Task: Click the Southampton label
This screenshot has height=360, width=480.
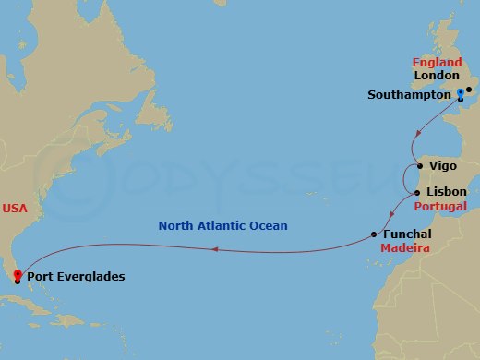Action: (x=410, y=94)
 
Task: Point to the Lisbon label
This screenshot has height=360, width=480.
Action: (x=447, y=192)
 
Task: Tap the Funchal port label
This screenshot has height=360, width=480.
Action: (x=406, y=234)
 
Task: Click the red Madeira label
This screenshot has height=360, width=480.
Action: (x=406, y=248)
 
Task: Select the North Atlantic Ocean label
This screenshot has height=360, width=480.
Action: (x=222, y=225)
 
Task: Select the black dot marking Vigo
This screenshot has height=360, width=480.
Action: (x=421, y=166)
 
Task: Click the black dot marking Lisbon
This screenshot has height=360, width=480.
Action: (x=419, y=192)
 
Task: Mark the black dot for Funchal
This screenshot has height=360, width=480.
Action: (x=374, y=234)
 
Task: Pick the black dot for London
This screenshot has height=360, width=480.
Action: (x=469, y=90)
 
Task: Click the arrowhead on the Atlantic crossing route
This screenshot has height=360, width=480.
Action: (x=214, y=249)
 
